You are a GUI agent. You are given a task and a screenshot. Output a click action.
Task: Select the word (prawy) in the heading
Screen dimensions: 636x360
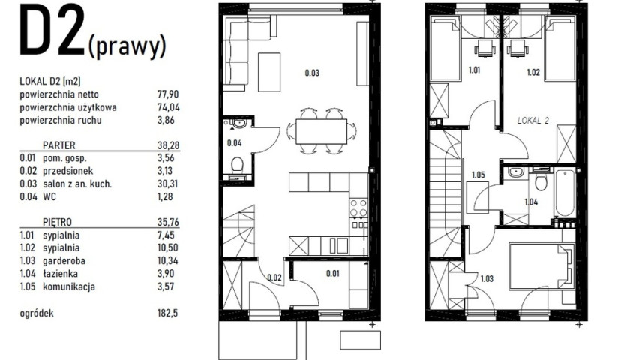point(127,46)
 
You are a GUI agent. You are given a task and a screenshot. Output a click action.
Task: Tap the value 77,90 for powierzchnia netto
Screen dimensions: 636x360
point(168,94)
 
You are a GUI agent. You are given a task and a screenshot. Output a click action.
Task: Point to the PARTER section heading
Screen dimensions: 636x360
point(58,145)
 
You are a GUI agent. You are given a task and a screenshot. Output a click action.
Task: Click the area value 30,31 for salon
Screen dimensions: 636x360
point(168,184)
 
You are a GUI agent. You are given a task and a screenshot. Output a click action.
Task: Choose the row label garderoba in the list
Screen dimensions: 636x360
point(64,261)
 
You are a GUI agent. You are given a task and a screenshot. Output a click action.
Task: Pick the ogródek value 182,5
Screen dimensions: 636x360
point(167,313)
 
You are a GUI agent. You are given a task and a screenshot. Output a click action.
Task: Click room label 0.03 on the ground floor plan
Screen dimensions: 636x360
point(312,73)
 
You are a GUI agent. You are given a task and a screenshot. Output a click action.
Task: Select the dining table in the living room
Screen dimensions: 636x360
point(321,131)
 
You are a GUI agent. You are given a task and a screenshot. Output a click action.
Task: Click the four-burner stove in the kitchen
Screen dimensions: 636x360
point(358,208)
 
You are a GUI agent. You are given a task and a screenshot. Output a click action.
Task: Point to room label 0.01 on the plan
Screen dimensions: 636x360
point(332,274)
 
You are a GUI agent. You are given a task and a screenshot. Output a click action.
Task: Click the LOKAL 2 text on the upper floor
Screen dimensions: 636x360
point(533,121)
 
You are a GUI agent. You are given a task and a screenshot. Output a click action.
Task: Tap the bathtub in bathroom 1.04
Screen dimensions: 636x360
point(565,193)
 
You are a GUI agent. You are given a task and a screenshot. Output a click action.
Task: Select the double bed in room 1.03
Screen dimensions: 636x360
point(542,266)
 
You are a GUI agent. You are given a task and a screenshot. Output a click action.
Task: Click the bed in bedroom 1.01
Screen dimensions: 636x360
point(445,48)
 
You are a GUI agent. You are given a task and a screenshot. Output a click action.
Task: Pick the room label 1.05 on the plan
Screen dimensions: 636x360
point(478,175)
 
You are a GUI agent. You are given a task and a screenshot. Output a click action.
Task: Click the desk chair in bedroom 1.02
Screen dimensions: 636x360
point(517,49)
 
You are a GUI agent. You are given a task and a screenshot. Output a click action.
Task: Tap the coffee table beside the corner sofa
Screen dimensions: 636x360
point(269,72)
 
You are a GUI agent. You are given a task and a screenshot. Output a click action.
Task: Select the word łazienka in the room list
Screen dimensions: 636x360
point(61,274)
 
